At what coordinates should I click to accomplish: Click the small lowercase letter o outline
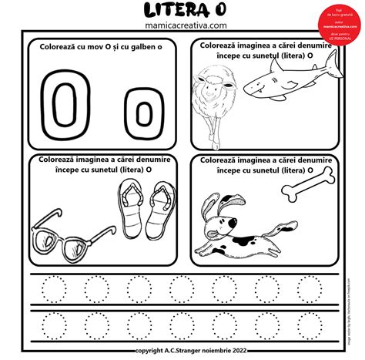click(x=141, y=112)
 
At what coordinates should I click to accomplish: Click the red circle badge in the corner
click(x=339, y=17)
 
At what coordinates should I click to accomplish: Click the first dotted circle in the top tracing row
click(x=55, y=289)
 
